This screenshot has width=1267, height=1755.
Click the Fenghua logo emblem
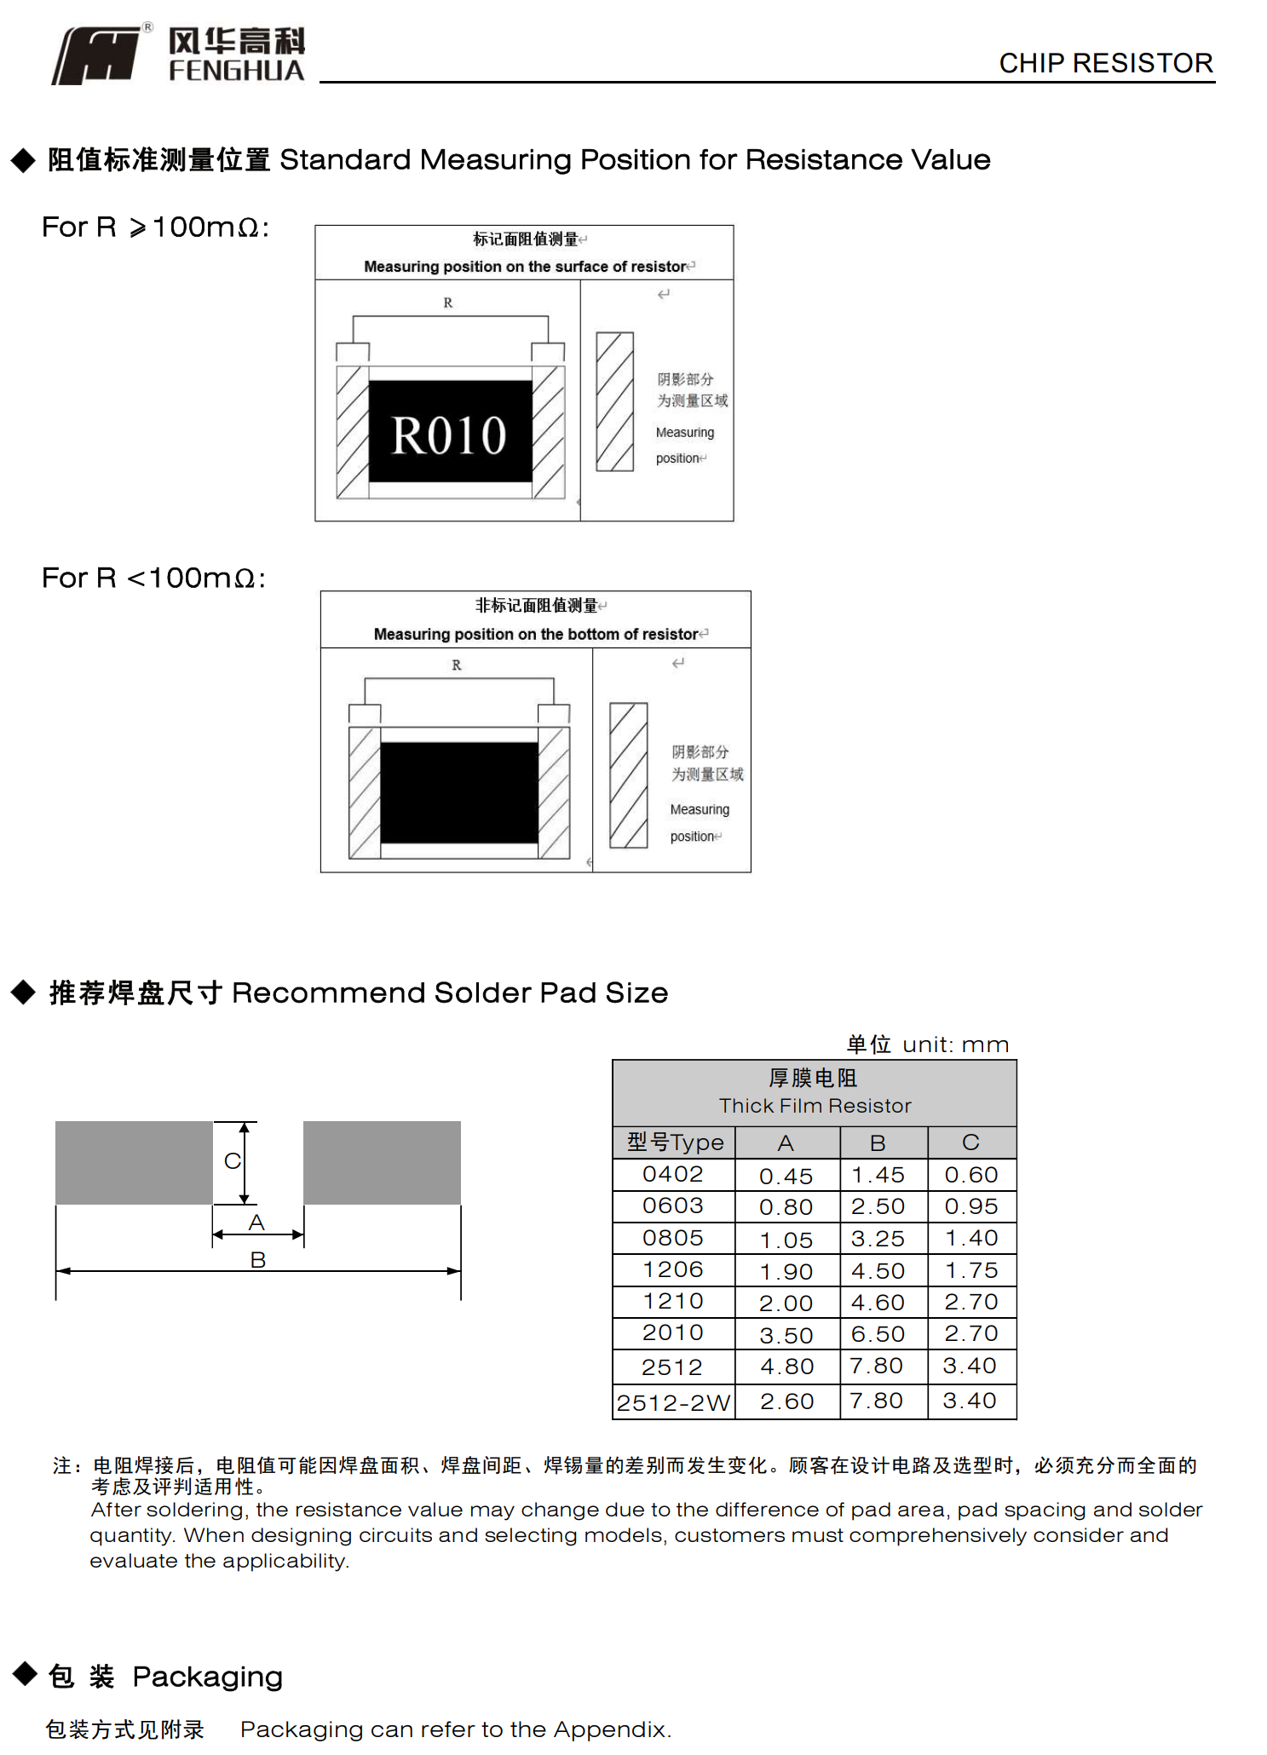pyautogui.click(x=96, y=55)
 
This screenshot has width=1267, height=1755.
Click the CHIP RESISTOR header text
pyautogui.click(x=1105, y=63)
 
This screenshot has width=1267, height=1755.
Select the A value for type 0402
pyautogui.click(x=786, y=1176)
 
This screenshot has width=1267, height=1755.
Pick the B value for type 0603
pyautogui.click(x=878, y=1206)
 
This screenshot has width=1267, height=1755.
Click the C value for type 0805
pyautogui.click(x=970, y=1238)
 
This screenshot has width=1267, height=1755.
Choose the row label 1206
pyautogui.click(x=672, y=1269)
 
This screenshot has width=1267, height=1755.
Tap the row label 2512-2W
pyautogui.click(x=673, y=1402)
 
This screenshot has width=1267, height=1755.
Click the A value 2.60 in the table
pyautogui.click(x=786, y=1401)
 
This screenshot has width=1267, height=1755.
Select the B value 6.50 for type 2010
pyautogui.click(x=878, y=1334)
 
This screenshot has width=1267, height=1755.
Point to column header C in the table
pyautogui.click(x=970, y=1142)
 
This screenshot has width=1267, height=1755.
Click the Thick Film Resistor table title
pyautogui.click(x=815, y=1105)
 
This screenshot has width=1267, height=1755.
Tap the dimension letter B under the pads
pyautogui.click(x=258, y=1259)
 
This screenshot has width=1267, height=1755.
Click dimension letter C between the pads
pyautogui.click(x=232, y=1160)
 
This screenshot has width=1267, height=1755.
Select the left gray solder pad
pyautogui.click(x=134, y=1163)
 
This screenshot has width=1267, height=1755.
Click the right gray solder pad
pyautogui.click(x=382, y=1163)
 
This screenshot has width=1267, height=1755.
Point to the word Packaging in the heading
pyautogui.click(x=207, y=1677)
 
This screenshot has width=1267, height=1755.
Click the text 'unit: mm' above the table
pyautogui.click(x=955, y=1044)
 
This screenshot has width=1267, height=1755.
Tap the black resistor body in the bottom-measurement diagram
pyautogui.click(x=458, y=792)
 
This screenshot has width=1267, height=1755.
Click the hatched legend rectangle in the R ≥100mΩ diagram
pyautogui.click(x=614, y=401)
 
